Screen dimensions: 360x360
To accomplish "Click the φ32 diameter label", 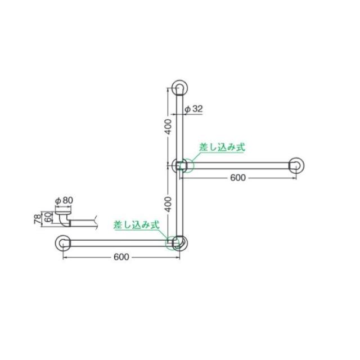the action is [x=193, y=109].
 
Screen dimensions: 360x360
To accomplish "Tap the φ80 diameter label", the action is [x=64, y=200].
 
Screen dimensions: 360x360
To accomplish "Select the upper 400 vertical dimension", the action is [x=168, y=127].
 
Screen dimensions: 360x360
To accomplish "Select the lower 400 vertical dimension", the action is [x=168, y=204].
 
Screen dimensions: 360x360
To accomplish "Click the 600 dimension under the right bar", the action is [x=238, y=178].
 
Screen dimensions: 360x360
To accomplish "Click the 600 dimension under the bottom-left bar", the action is [x=121, y=257].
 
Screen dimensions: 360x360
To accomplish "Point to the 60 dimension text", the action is [x=48, y=217].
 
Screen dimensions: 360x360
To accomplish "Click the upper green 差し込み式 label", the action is [x=222, y=147].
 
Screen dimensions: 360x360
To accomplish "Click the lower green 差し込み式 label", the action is [x=136, y=225].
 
